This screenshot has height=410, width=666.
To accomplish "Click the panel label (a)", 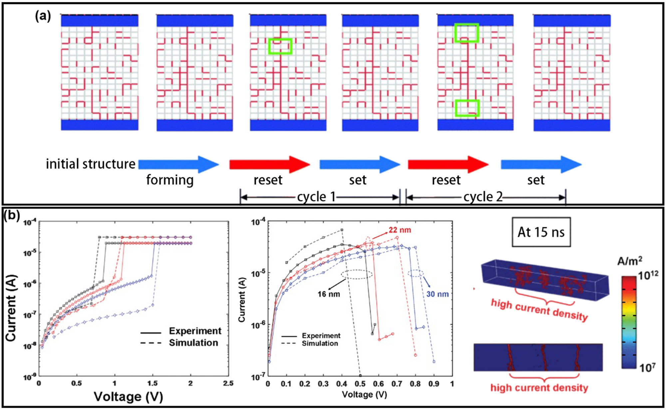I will [x=43, y=16].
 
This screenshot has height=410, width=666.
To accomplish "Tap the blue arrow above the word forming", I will [x=178, y=164].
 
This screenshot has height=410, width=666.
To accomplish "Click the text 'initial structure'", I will [x=90, y=164].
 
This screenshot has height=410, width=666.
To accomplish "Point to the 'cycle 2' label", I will [x=483, y=197].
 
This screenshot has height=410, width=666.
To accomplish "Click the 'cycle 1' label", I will [x=316, y=197].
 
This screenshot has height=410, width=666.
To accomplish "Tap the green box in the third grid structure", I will [x=280, y=46].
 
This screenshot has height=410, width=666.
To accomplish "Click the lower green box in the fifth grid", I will [x=467, y=108].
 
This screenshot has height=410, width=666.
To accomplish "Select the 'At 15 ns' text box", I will [x=541, y=232].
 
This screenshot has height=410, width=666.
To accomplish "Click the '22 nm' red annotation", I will [x=400, y=230].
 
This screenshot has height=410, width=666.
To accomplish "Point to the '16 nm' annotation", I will [x=328, y=294].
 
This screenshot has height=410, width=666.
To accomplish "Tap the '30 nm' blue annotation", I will [x=437, y=294].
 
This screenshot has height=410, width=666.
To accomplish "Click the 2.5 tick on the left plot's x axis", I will [x=228, y=383].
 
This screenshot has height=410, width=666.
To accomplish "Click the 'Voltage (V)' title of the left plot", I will [x=128, y=397].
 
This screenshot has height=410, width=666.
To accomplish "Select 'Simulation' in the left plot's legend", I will [x=193, y=343].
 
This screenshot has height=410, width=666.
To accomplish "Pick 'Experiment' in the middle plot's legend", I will [x=321, y=335].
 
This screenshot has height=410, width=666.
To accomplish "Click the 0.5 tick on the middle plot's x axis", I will [x=360, y=384].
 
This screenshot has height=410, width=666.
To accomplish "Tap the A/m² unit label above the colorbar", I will [x=629, y=261].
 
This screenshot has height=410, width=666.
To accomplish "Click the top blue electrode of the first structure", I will [x=99, y=21].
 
